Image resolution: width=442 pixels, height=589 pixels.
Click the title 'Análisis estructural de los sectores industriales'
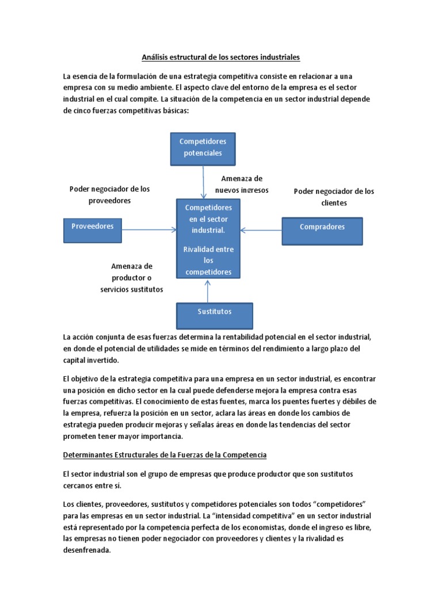(221, 58)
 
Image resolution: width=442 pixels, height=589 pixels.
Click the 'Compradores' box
(322, 230)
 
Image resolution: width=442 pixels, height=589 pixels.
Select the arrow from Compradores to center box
(261, 230)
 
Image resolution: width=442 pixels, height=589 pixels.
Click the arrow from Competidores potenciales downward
(203, 182)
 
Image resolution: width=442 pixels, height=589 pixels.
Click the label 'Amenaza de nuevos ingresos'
(242, 185)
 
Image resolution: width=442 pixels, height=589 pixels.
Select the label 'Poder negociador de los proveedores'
(109, 195)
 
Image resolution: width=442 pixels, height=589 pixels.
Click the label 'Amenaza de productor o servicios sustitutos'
(132, 278)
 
